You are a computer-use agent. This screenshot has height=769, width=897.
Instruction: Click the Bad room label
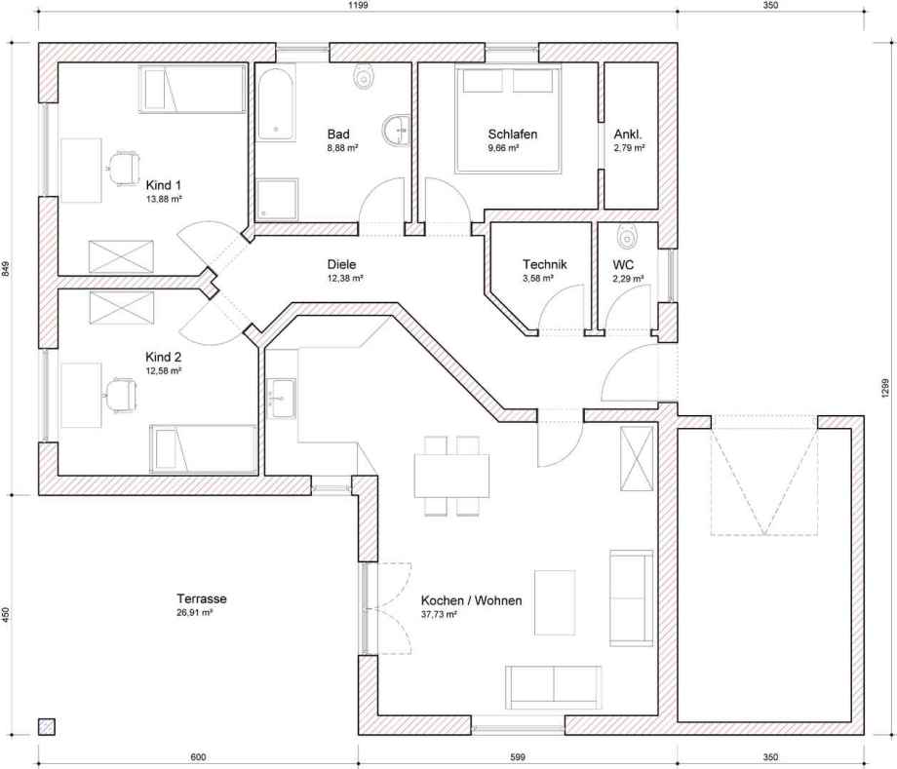pos(338,135)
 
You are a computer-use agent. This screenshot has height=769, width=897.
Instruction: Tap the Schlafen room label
pos(513,135)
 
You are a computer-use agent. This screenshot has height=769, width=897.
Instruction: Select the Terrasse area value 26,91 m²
pos(195,612)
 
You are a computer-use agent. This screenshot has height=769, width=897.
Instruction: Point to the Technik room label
pos(545,264)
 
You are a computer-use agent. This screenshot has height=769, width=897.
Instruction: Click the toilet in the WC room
pos(628,236)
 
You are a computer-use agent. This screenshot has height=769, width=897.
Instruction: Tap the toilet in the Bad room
pos(363,77)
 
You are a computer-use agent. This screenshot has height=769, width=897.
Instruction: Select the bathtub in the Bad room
pos(276,103)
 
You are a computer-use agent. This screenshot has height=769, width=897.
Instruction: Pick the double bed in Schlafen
pos(508,120)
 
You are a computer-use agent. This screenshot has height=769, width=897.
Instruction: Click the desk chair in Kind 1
pos(123,168)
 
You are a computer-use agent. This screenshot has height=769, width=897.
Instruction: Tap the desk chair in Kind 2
pos(120,395)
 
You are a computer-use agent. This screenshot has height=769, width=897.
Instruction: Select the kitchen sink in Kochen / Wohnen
pos(281,398)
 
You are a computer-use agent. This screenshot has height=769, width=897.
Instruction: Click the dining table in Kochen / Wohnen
pos(452,476)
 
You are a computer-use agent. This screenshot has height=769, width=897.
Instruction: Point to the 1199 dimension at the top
pos(358,6)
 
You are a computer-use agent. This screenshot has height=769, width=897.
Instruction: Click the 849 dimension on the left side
pos(6,269)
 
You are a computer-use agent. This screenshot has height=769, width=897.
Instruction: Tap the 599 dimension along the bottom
pos(517,757)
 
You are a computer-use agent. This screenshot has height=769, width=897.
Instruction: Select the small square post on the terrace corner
pos(47,727)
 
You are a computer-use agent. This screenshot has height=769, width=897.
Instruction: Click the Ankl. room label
pos(628,135)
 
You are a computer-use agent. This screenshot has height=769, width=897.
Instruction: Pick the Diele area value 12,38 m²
pos(345,278)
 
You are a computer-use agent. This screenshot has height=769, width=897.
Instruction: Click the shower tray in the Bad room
pos(277,200)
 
